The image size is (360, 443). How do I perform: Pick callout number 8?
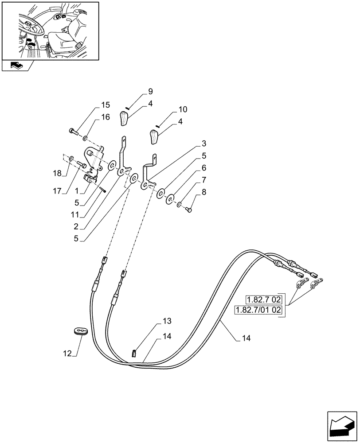(x=203, y=192)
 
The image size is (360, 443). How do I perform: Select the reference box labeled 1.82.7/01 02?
(x=258, y=310)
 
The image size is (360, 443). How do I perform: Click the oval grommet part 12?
(x=81, y=332)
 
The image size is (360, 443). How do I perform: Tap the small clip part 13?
(x=133, y=353)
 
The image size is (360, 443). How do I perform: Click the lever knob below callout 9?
(x=123, y=119)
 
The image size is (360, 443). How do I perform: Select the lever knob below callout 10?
(x=154, y=136)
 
